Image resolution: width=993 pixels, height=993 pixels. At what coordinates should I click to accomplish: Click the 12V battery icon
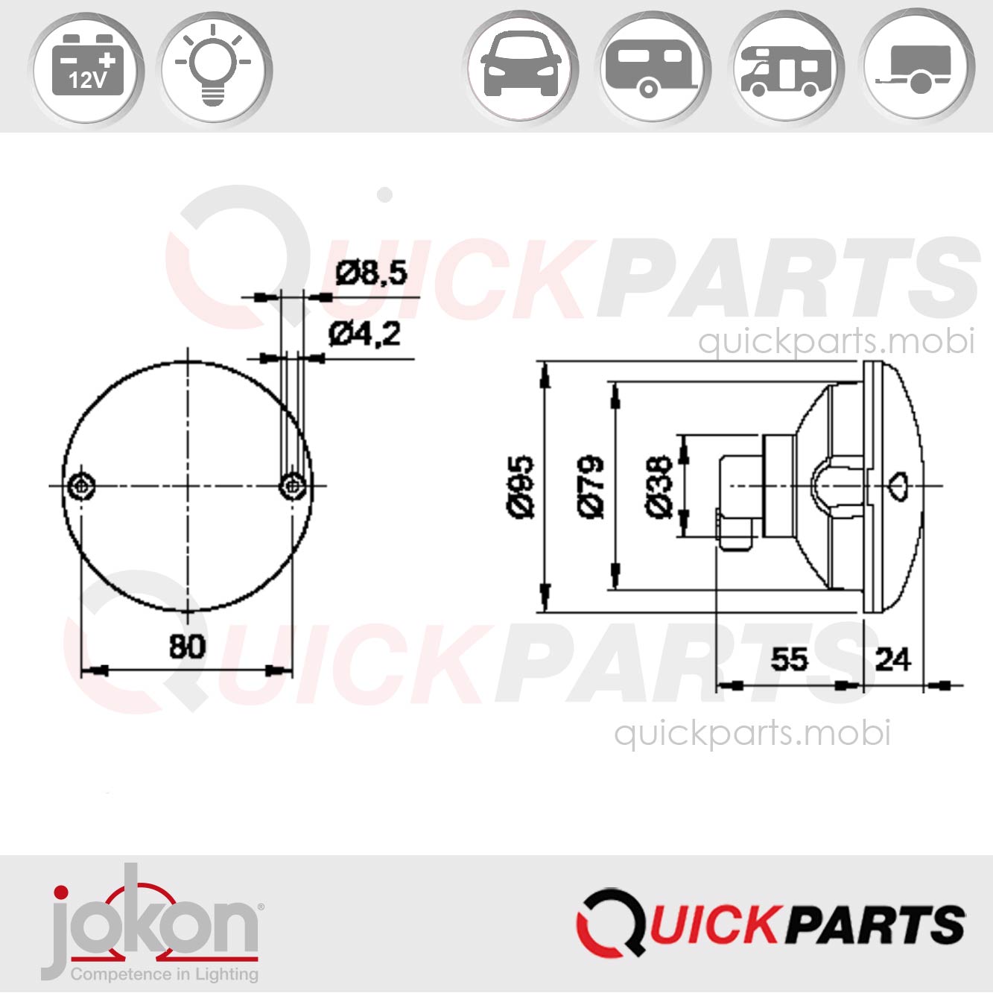click(x=86, y=69)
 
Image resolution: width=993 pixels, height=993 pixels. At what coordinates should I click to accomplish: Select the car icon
click(x=521, y=69)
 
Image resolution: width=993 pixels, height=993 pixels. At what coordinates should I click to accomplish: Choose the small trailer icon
click(x=917, y=69)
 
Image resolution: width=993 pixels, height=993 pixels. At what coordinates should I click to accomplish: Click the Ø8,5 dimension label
click(x=371, y=273)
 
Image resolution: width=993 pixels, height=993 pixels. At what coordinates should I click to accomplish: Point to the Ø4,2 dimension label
click(x=364, y=334)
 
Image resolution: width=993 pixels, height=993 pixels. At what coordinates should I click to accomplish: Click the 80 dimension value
click(x=186, y=646)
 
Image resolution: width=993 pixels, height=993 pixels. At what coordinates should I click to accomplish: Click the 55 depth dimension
click(x=789, y=659)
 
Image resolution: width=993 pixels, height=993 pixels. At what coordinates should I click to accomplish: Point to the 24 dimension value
click(x=892, y=659)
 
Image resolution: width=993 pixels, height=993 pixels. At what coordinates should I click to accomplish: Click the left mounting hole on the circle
click(x=80, y=486)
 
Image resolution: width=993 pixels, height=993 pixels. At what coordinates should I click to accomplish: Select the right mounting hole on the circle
click(x=293, y=486)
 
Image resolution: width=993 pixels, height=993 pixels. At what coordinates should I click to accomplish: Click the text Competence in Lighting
click(x=164, y=974)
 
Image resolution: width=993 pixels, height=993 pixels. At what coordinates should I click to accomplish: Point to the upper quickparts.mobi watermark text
click(x=836, y=341)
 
